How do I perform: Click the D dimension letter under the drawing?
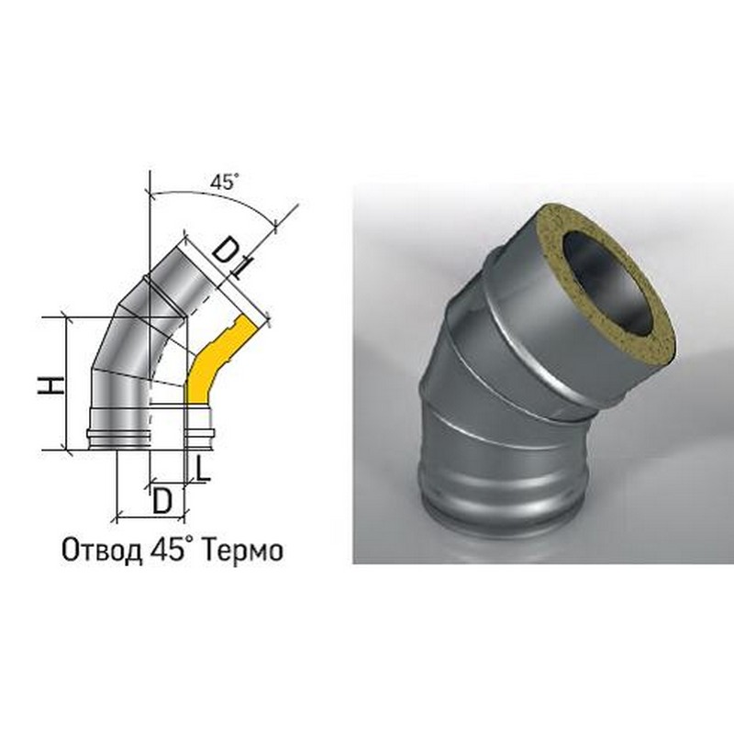162,500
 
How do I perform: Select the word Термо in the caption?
239,550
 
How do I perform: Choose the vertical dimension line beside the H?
70,384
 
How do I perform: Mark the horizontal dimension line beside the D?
151,513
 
